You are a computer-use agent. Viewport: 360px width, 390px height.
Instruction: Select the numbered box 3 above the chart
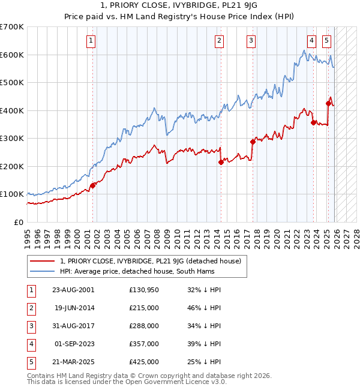(250, 41)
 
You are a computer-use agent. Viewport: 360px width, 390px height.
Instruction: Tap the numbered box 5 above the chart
(326, 41)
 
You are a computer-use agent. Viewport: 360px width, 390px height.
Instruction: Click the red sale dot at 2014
(221, 162)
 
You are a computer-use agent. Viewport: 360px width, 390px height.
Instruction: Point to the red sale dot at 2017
(253, 142)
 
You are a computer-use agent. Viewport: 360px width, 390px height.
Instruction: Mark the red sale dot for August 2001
(93, 185)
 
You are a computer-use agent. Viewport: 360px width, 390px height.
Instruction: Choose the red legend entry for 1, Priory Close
(151, 261)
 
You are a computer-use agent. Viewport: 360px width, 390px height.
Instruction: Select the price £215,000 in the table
(143, 308)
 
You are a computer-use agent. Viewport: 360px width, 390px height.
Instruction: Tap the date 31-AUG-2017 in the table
(73, 326)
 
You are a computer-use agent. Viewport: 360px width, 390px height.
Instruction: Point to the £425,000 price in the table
(143, 362)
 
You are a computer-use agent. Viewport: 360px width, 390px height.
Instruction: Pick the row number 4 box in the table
(29, 344)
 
